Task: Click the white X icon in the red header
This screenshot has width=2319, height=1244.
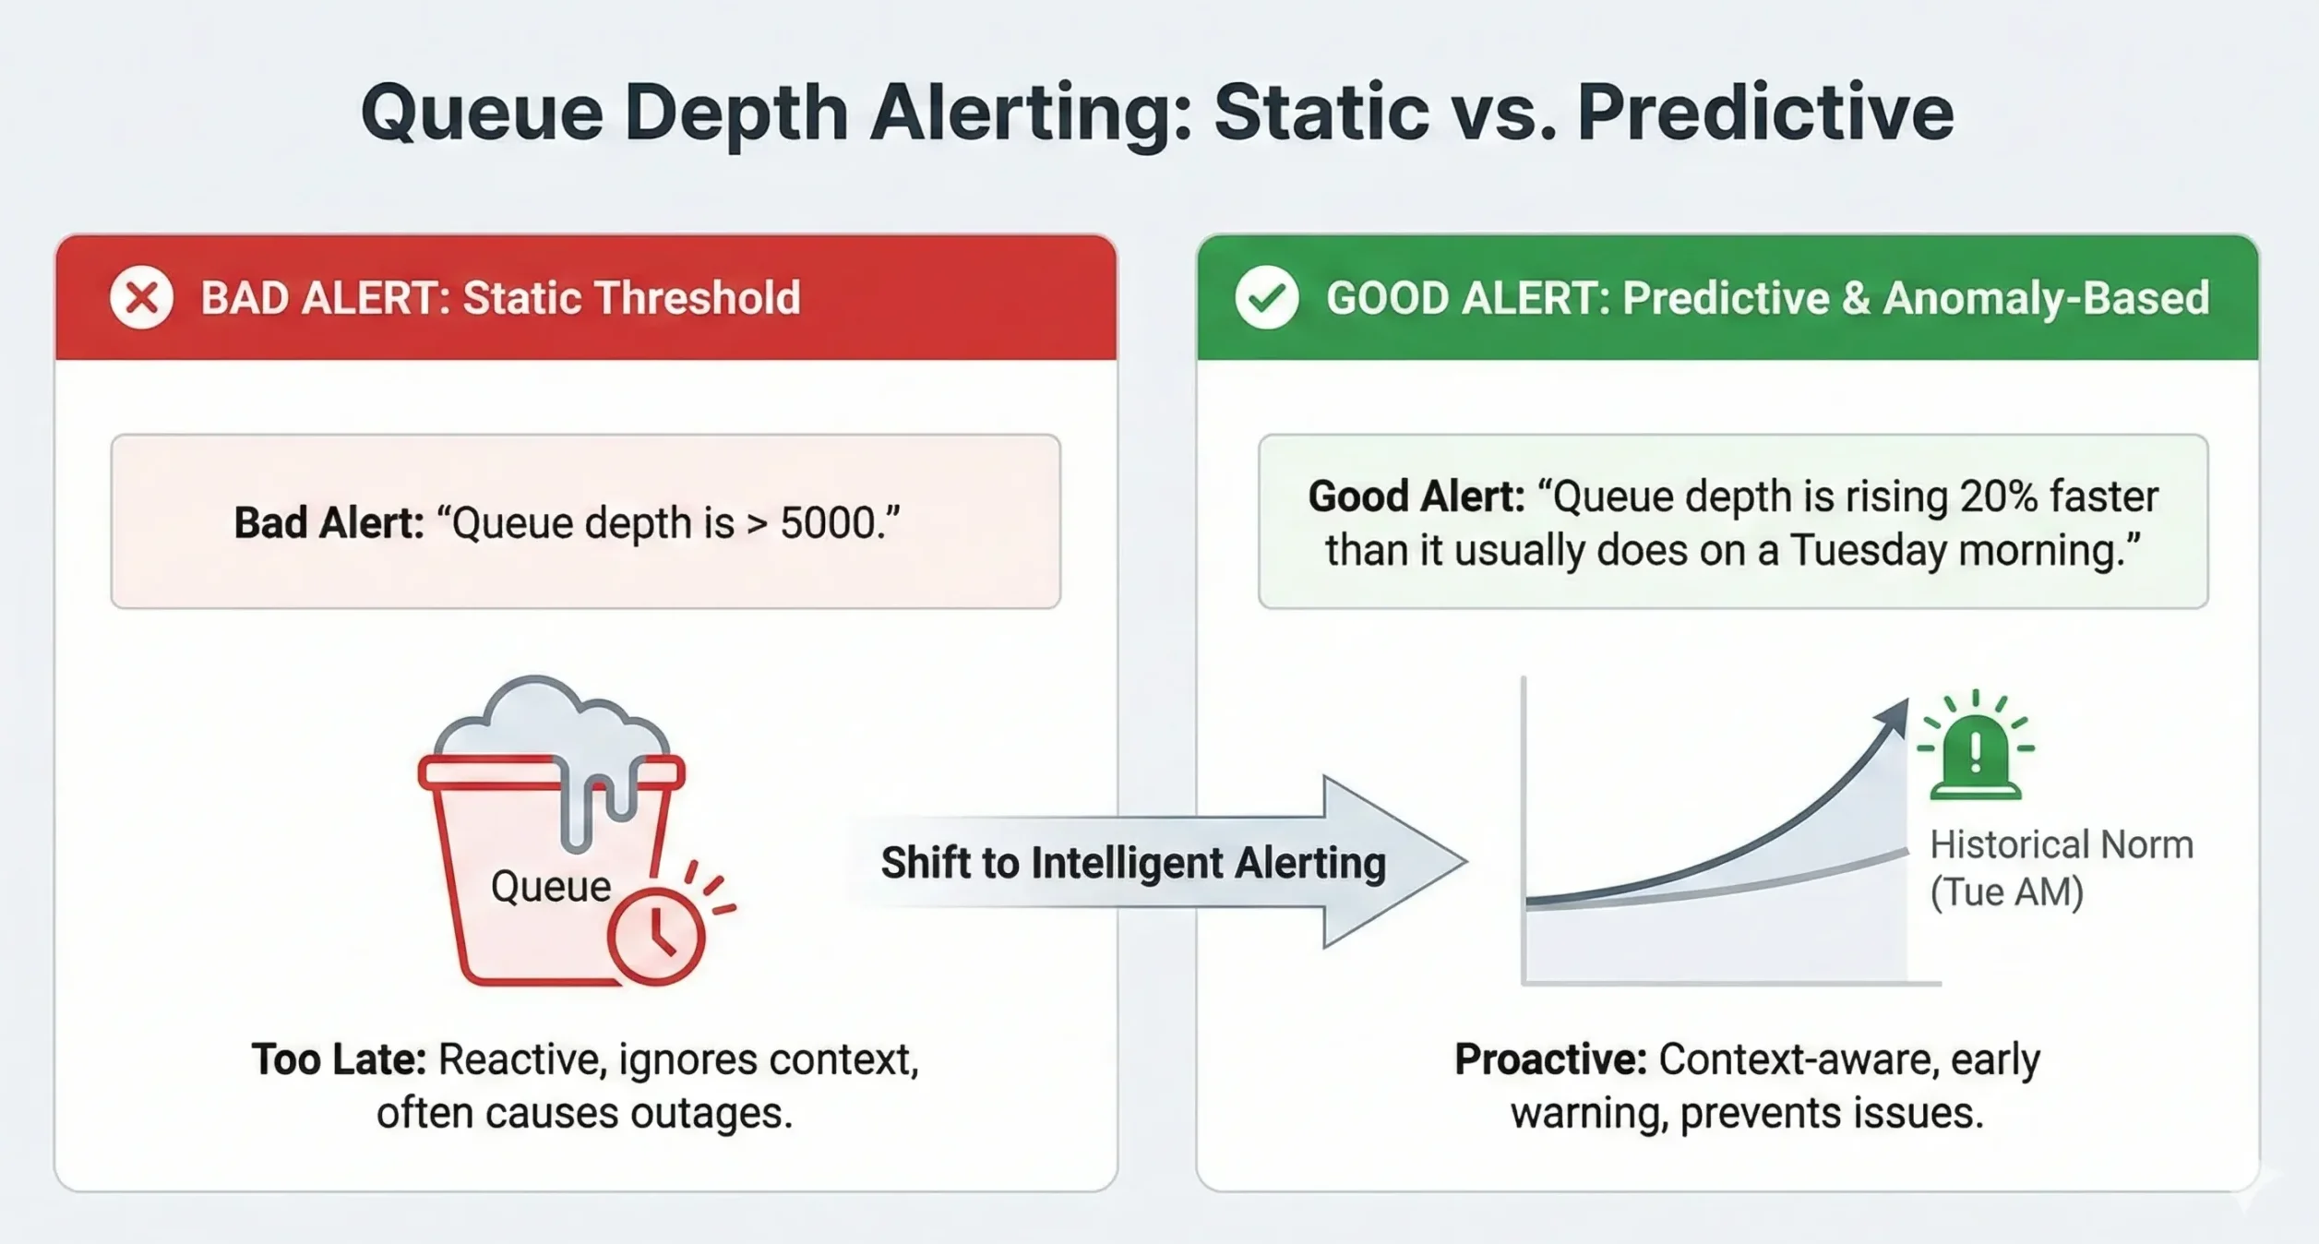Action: click(x=141, y=297)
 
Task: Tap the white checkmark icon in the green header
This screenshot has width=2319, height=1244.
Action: click(x=1266, y=297)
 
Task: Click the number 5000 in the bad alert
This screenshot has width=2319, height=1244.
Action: click(x=827, y=523)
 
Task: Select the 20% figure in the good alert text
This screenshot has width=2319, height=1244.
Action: click(x=1998, y=496)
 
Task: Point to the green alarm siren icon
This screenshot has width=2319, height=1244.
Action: click(x=1975, y=751)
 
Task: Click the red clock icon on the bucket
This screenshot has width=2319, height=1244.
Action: click(x=656, y=935)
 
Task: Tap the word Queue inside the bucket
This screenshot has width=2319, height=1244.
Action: click(x=550, y=887)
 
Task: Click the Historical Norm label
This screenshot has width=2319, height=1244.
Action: click(x=2061, y=845)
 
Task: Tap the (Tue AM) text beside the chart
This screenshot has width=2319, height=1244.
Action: click(x=2006, y=892)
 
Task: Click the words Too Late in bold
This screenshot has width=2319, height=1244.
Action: click(x=338, y=1059)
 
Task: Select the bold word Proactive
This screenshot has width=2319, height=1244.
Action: click(x=1549, y=1059)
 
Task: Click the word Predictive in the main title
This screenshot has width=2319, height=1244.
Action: click(x=1764, y=113)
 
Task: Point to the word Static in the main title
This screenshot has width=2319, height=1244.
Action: click(x=1321, y=113)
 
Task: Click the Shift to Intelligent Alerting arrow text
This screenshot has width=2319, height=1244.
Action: click(x=1133, y=863)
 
